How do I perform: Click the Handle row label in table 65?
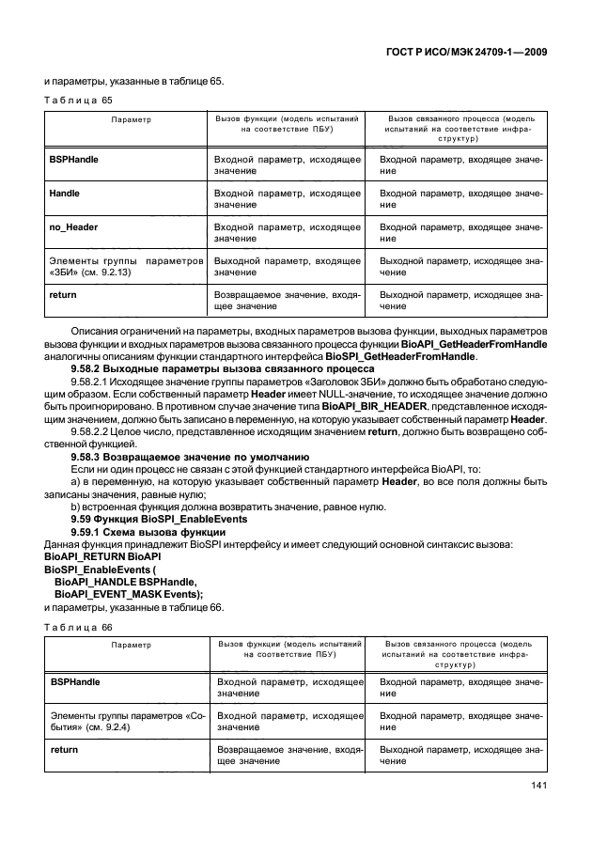(x=64, y=193)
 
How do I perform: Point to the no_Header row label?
(x=73, y=226)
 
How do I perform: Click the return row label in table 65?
(x=62, y=294)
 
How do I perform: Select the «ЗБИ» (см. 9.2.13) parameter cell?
(x=123, y=266)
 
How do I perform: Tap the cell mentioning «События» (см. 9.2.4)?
(x=123, y=722)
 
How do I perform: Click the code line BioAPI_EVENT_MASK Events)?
(x=129, y=594)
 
